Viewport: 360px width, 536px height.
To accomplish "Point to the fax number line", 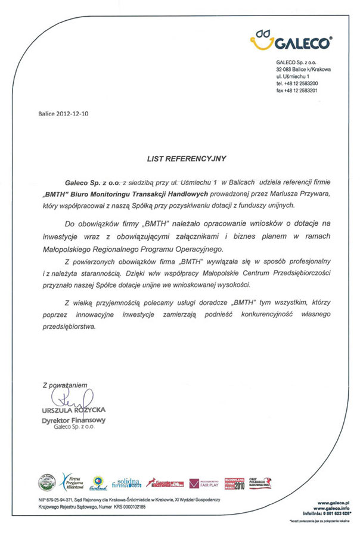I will click(296, 91).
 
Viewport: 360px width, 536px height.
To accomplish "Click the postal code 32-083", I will click(285, 70).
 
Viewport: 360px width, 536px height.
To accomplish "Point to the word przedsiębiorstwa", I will click(69, 327).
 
